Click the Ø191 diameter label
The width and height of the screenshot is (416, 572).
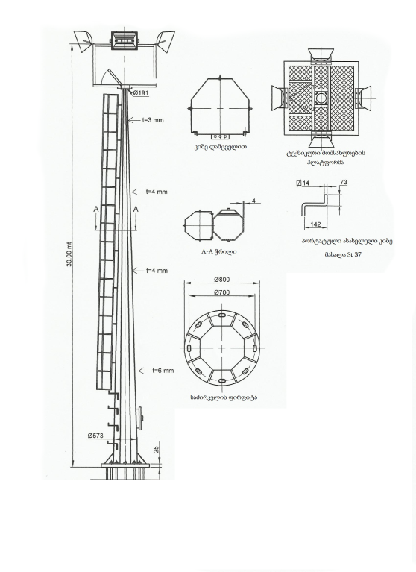(141, 93)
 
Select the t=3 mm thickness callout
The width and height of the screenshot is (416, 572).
(153, 119)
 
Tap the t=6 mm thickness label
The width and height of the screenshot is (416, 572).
(163, 371)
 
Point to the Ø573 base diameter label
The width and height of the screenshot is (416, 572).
(95, 436)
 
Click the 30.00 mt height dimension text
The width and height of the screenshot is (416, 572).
(69, 254)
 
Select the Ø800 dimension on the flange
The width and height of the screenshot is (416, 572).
(222, 280)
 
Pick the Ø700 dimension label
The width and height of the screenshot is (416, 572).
(222, 292)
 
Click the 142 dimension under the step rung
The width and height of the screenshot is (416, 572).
(315, 224)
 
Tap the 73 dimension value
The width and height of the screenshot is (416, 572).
(344, 182)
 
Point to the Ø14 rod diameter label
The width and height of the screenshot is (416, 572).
(303, 183)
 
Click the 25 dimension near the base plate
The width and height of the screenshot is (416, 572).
(157, 450)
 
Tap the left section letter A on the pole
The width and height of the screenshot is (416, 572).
(96, 209)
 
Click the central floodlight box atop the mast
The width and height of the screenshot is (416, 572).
(125, 40)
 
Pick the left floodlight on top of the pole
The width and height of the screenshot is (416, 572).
(83, 41)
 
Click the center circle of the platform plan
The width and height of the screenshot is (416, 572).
(321, 98)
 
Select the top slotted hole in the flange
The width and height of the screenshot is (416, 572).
(222, 315)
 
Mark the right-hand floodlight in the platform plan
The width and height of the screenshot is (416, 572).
(362, 98)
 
